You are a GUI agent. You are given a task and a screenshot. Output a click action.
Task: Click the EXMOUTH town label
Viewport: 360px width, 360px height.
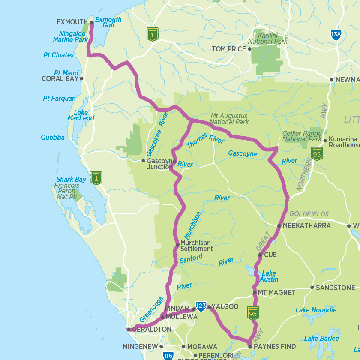click(x=72, y=22)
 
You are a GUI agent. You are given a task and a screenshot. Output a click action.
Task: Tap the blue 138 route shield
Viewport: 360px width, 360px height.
click(x=336, y=35)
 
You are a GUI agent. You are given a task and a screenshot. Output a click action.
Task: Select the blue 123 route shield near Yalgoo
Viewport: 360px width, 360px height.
click(x=201, y=306)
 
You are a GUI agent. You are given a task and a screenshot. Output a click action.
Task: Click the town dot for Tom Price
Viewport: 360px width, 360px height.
click(x=250, y=49)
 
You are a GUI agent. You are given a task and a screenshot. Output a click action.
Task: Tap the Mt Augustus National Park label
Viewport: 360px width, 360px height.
click(x=229, y=119)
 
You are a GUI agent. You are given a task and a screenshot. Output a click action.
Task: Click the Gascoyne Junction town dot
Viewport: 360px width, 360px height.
click(x=144, y=161)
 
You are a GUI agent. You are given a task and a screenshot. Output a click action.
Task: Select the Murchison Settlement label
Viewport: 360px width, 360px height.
click(x=196, y=246)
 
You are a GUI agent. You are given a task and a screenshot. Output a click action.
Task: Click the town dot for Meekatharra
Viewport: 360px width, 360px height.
click(x=279, y=225)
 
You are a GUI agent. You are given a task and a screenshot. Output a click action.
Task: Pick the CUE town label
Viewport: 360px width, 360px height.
click(x=270, y=255)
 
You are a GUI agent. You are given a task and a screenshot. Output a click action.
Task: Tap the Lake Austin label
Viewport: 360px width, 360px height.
click(x=270, y=276)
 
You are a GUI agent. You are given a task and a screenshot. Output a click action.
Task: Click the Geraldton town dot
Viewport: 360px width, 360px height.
click(x=128, y=330)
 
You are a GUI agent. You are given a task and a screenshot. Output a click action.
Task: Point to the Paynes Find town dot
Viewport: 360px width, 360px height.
click(x=250, y=346)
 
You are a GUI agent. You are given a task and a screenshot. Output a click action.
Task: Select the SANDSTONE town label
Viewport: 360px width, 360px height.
click(x=335, y=288)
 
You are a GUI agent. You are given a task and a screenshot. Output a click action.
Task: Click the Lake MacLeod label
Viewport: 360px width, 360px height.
click(x=81, y=115)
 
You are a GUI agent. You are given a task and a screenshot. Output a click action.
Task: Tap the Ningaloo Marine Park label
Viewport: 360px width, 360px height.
click(x=70, y=36)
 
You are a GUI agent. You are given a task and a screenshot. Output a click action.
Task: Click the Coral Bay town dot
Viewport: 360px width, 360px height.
click(x=81, y=79)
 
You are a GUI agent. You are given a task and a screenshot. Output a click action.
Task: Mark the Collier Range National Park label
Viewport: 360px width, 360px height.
click(x=302, y=136)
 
